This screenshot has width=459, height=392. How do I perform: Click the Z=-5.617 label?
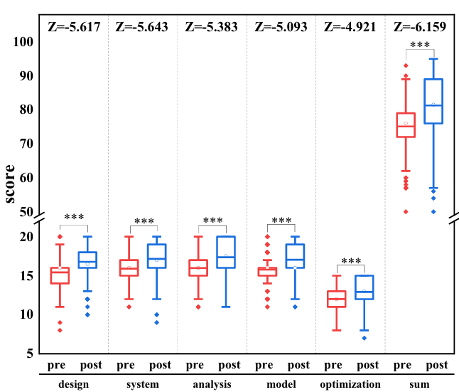coord(73,28)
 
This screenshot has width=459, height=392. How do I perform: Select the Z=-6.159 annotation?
coord(420,28)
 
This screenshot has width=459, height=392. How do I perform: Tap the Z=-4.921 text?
coord(350,28)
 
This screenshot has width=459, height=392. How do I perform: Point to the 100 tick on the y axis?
coord(24,42)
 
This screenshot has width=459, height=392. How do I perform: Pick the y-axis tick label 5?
coord(31,353)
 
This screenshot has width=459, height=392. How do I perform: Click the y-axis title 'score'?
coord(11,184)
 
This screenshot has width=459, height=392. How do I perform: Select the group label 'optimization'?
coord(350,384)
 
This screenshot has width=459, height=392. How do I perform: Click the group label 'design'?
coord(73,384)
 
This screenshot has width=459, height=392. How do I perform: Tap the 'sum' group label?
coord(420,384)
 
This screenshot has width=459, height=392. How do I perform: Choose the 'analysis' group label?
coord(212,384)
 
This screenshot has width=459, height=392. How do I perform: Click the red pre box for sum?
coord(406,125)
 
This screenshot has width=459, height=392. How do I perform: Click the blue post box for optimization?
coord(364,287)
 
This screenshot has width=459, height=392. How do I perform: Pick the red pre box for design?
coord(60,275)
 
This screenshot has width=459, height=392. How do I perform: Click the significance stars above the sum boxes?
coord(420,46)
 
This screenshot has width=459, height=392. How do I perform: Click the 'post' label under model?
coord(298,366)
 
